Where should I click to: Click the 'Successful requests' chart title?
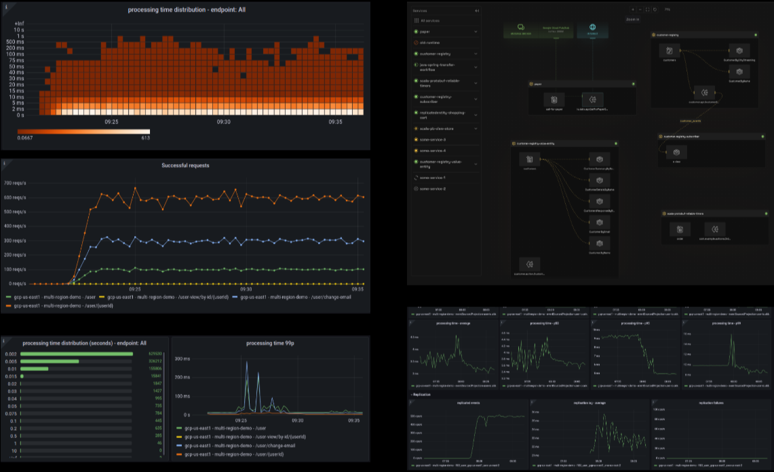coord(185,165)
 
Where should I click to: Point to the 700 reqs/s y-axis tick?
coord(16,184)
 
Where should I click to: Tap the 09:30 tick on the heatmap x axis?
coord(223,122)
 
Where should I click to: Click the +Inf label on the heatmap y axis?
coord(19,24)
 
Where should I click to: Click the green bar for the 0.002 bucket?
coord(76,353)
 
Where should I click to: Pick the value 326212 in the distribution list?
coord(154,361)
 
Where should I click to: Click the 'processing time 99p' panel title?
coord(269,343)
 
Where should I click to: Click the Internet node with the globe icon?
coord(592,30)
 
